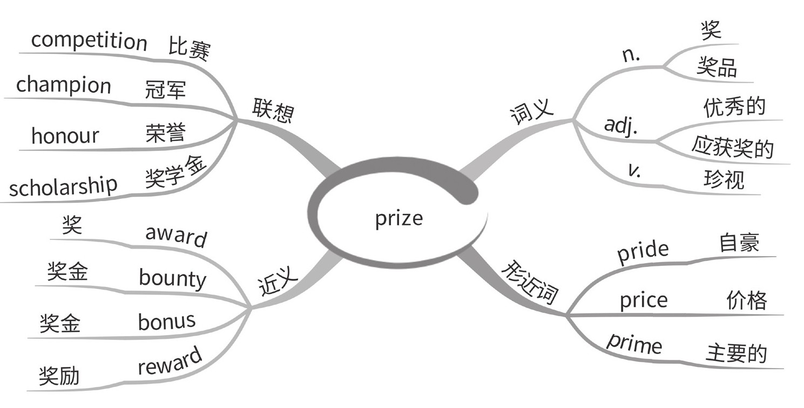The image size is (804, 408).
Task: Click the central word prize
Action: pyautogui.click(x=399, y=219)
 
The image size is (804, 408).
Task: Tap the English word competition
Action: pyautogui.click(x=89, y=41)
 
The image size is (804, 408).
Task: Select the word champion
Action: pyautogui.click(x=63, y=85)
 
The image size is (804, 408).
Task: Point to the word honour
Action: pyautogui.click(x=65, y=135)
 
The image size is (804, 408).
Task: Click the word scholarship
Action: pyautogui.click(x=63, y=186)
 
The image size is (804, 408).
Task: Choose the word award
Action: pyautogui.click(x=176, y=236)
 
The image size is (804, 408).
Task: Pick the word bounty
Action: pyautogui.click(x=172, y=278)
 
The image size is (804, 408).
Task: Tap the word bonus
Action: pyautogui.click(x=166, y=321)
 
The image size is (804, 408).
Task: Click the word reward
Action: pyautogui.click(x=170, y=360)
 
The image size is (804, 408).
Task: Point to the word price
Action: pyautogui.click(x=643, y=300)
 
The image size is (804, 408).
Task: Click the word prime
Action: pyautogui.click(x=634, y=343)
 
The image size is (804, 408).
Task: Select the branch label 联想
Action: pyautogui.click(x=273, y=111)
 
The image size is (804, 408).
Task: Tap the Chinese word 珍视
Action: pyautogui.click(x=724, y=178)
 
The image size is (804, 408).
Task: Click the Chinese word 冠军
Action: pyautogui.click(x=165, y=89)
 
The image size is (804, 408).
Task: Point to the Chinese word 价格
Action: pyautogui.click(x=746, y=299)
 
